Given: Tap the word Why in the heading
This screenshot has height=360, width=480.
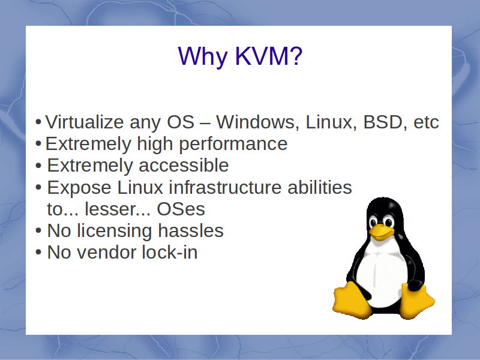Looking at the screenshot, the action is click(203, 57).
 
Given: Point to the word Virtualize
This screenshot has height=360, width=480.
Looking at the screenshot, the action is click(85, 122).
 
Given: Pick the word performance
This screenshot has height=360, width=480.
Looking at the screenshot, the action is click(233, 145).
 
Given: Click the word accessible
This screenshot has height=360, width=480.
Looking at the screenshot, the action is click(184, 166).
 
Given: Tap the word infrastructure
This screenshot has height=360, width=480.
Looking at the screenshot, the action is click(226, 187).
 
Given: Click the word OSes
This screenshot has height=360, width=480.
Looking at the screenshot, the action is click(181, 209).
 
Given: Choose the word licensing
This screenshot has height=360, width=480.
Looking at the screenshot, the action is click(114, 232).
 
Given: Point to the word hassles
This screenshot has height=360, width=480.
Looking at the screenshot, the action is click(191, 230).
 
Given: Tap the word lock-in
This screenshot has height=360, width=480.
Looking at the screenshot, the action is click(170, 253).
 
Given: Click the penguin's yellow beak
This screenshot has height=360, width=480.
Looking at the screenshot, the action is click(381, 232).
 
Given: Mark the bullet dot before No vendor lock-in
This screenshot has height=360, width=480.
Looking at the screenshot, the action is click(38, 252).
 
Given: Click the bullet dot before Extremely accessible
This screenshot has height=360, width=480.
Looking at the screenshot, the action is click(38, 166).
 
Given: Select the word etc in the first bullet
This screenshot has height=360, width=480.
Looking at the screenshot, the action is click(426, 123).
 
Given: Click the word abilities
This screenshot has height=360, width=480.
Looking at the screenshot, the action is click(320, 187).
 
